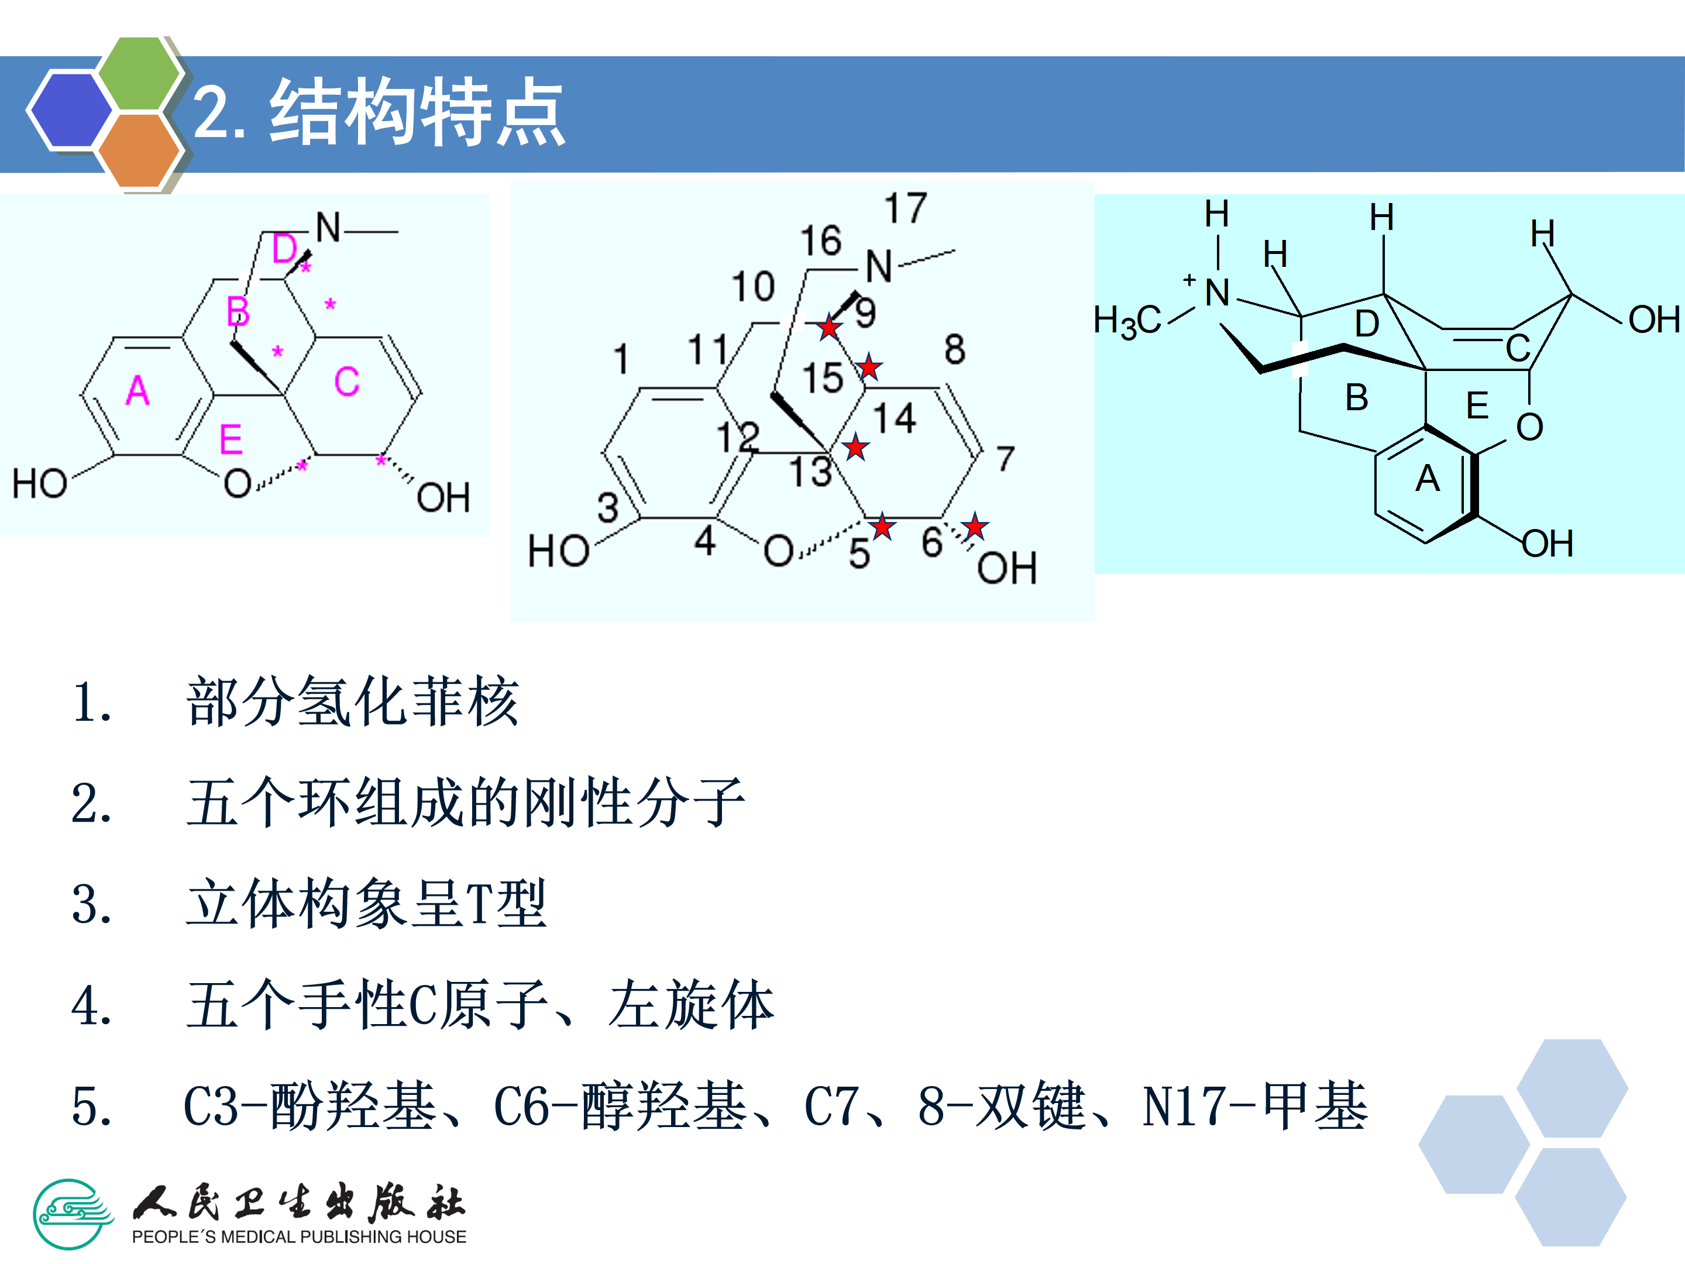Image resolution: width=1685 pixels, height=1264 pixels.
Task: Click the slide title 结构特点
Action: click(x=417, y=113)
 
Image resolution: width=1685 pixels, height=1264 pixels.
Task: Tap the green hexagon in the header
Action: click(x=139, y=74)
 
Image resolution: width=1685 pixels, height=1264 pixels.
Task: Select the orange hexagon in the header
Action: click(x=139, y=149)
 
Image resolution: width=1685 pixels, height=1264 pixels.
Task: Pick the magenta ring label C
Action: click(x=346, y=381)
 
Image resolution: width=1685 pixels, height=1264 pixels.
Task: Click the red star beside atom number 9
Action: click(x=829, y=328)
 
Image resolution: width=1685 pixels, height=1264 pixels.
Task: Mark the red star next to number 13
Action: click(x=855, y=447)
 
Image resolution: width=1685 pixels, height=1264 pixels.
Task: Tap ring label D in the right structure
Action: click(x=1367, y=324)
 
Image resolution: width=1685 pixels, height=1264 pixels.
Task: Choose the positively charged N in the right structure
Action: click(x=1216, y=293)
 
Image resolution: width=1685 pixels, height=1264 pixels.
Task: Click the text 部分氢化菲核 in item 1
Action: click(x=353, y=702)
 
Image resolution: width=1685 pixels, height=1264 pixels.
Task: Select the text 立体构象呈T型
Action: click(x=366, y=904)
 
